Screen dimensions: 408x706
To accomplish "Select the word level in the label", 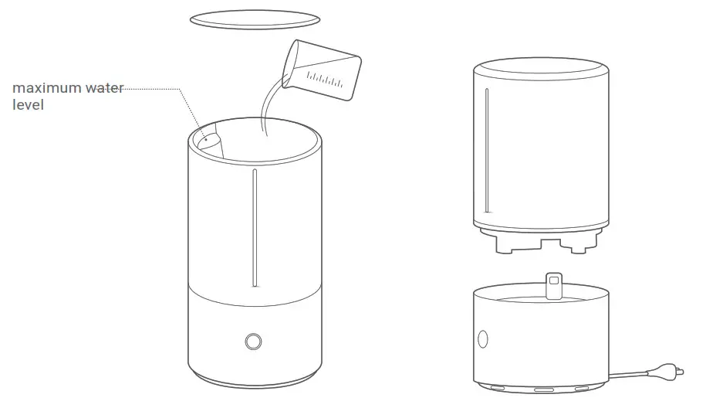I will pyautogui.click(x=28, y=104).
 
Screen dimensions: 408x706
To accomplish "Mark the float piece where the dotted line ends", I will pyautogui.click(x=208, y=141).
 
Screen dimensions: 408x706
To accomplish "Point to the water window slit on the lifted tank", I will pyautogui.click(x=486, y=151).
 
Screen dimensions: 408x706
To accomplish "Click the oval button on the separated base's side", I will pyautogui.click(x=484, y=338).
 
